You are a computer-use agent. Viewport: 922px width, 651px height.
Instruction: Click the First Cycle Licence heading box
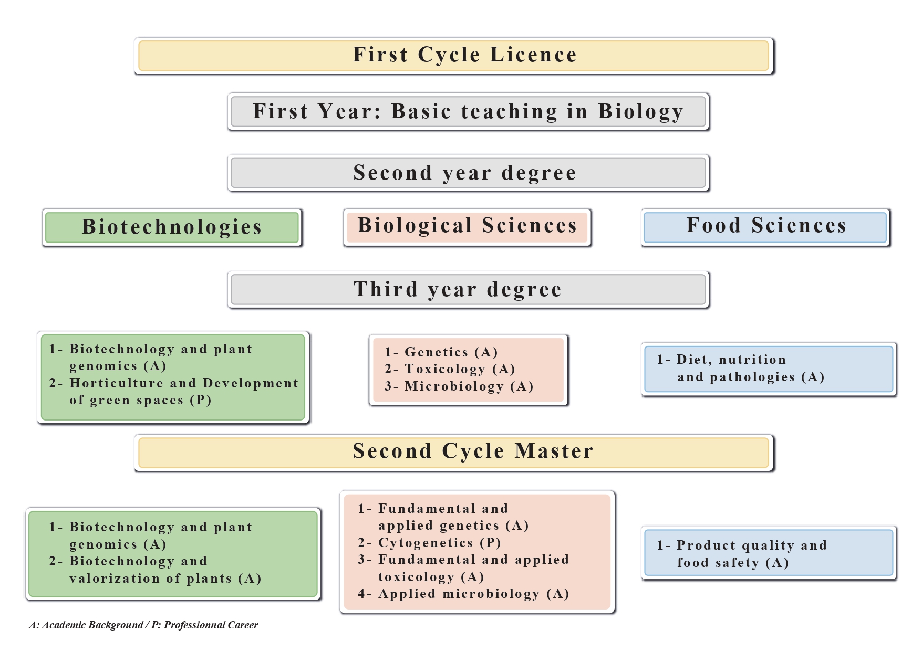pyautogui.click(x=454, y=56)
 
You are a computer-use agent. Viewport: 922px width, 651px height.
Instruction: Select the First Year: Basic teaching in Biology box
pyautogui.click(x=468, y=112)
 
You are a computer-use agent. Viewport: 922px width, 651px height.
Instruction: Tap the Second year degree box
pyautogui.click(x=468, y=173)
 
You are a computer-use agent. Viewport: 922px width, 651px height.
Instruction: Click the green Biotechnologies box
pyautogui.click(x=172, y=227)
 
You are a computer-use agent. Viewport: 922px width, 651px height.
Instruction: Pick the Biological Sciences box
pyautogui.click(x=467, y=227)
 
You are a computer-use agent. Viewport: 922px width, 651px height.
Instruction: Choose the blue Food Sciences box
pyautogui.click(x=765, y=227)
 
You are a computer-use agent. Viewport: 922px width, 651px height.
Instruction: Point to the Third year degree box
pyautogui.click(x=468, y=289)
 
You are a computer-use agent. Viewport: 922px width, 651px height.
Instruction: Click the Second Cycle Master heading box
pyautogui.click(x=454, y=453)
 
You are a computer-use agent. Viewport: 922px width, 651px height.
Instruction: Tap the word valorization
pyautogui.click(x=115, y=579)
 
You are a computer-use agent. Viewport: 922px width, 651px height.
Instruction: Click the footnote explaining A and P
pyautogui.click(x=143, y=625)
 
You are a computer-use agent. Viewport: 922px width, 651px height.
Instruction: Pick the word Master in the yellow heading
pyautogui.click(x=554, y=451)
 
